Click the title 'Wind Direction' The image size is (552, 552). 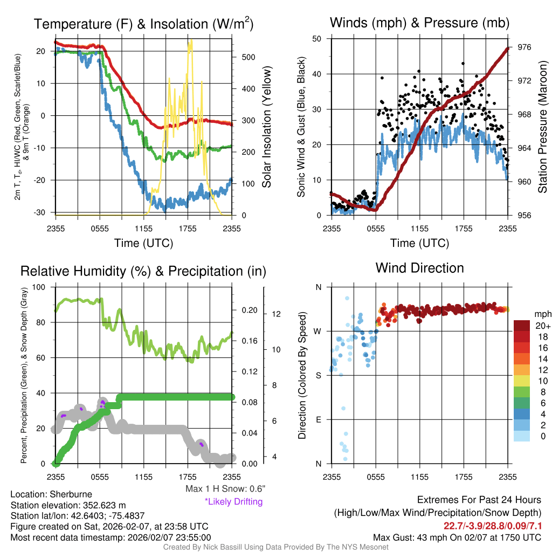419,268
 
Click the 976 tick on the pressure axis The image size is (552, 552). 525,47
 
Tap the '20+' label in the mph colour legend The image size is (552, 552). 539,326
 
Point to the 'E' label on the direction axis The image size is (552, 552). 318,419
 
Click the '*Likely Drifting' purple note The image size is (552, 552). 233,501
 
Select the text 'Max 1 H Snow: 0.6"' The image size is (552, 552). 225,489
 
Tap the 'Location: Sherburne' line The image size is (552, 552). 51,494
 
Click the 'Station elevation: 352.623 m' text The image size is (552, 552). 68,505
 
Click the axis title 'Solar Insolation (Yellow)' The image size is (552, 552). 266,126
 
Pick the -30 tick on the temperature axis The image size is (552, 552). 41,212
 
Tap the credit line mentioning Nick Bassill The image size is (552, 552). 276,547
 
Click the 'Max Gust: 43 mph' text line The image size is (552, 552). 457,537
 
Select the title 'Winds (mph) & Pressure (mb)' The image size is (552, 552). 419,23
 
